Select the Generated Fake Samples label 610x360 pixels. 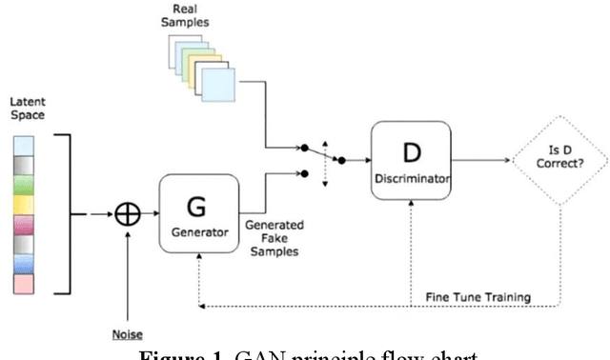(275, 237)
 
